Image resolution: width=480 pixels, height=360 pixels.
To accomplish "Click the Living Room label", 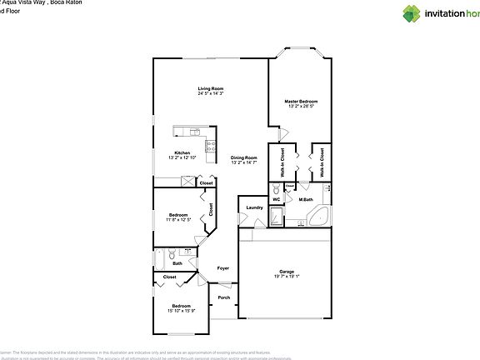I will [210, 88].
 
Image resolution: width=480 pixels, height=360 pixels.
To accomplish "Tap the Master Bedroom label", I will [302, 101].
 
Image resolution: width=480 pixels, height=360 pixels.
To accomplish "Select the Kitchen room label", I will [182, 152].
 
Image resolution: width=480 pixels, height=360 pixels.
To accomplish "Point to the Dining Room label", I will [243, 157].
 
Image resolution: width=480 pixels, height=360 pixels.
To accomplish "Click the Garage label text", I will [286, 271].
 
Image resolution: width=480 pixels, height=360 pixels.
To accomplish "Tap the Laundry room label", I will [254, 207].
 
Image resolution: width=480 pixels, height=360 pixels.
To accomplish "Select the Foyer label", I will [222, 267].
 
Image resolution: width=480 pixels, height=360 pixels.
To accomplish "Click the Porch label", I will [223, 297].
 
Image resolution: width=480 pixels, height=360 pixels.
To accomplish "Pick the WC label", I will [277, 199].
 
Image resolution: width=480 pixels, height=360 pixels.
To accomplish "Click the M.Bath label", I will [306, 199].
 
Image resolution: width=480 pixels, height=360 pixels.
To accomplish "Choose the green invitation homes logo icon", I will [412, 12].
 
